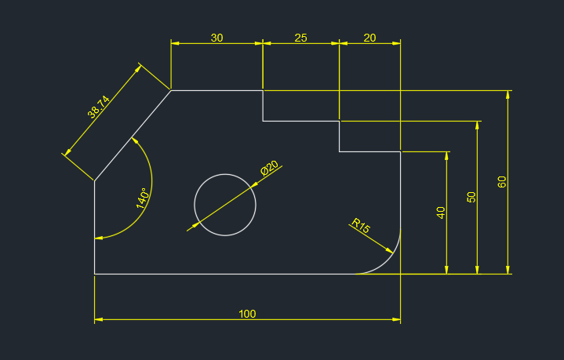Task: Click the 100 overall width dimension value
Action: click(247, 314)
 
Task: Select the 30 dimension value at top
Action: click(217, 38)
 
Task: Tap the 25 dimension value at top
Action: click(300, 38)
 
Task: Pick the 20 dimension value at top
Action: click(369, 38)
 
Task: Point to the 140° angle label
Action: click(142, 198)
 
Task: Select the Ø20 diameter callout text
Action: click(269, 168)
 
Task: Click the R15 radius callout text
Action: click(361, 226)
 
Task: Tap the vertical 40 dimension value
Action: click(441, 213)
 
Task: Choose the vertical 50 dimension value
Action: click(471, 197)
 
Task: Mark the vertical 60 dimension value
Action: click(502, 182)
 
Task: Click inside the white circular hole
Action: click(225, 205)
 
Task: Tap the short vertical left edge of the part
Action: click(95, 227)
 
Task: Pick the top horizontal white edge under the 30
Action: click(217, 90)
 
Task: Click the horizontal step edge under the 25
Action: click(300, 121)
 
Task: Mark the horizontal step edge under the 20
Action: click(369, 151)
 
